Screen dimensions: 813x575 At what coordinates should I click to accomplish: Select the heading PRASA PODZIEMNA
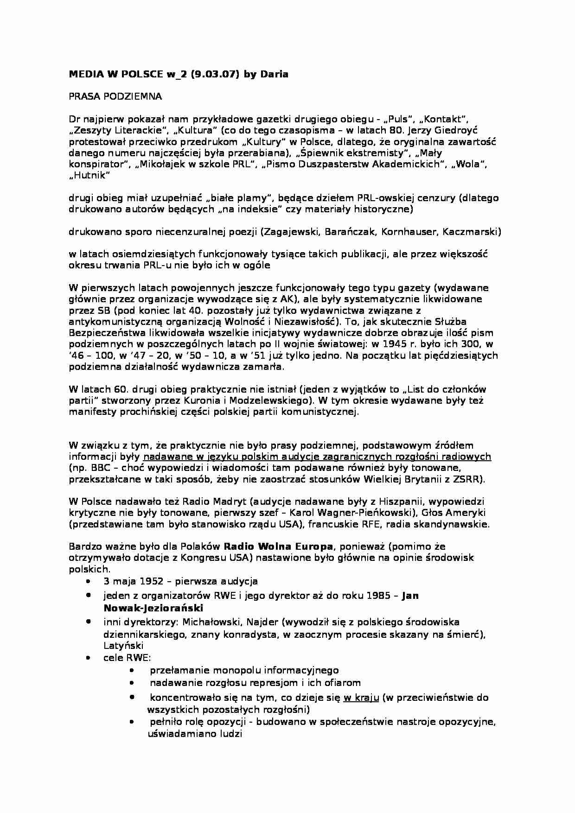(x=115, y=96)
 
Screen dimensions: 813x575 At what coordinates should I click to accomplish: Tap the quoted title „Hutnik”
(x=89, y=175)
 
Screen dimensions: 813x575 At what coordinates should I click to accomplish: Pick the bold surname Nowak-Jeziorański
(x=153, y=608)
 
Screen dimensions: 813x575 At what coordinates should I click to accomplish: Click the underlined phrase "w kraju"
(x=361, y=698)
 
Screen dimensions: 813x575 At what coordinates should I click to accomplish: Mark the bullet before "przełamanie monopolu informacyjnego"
(x=133, y=670)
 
